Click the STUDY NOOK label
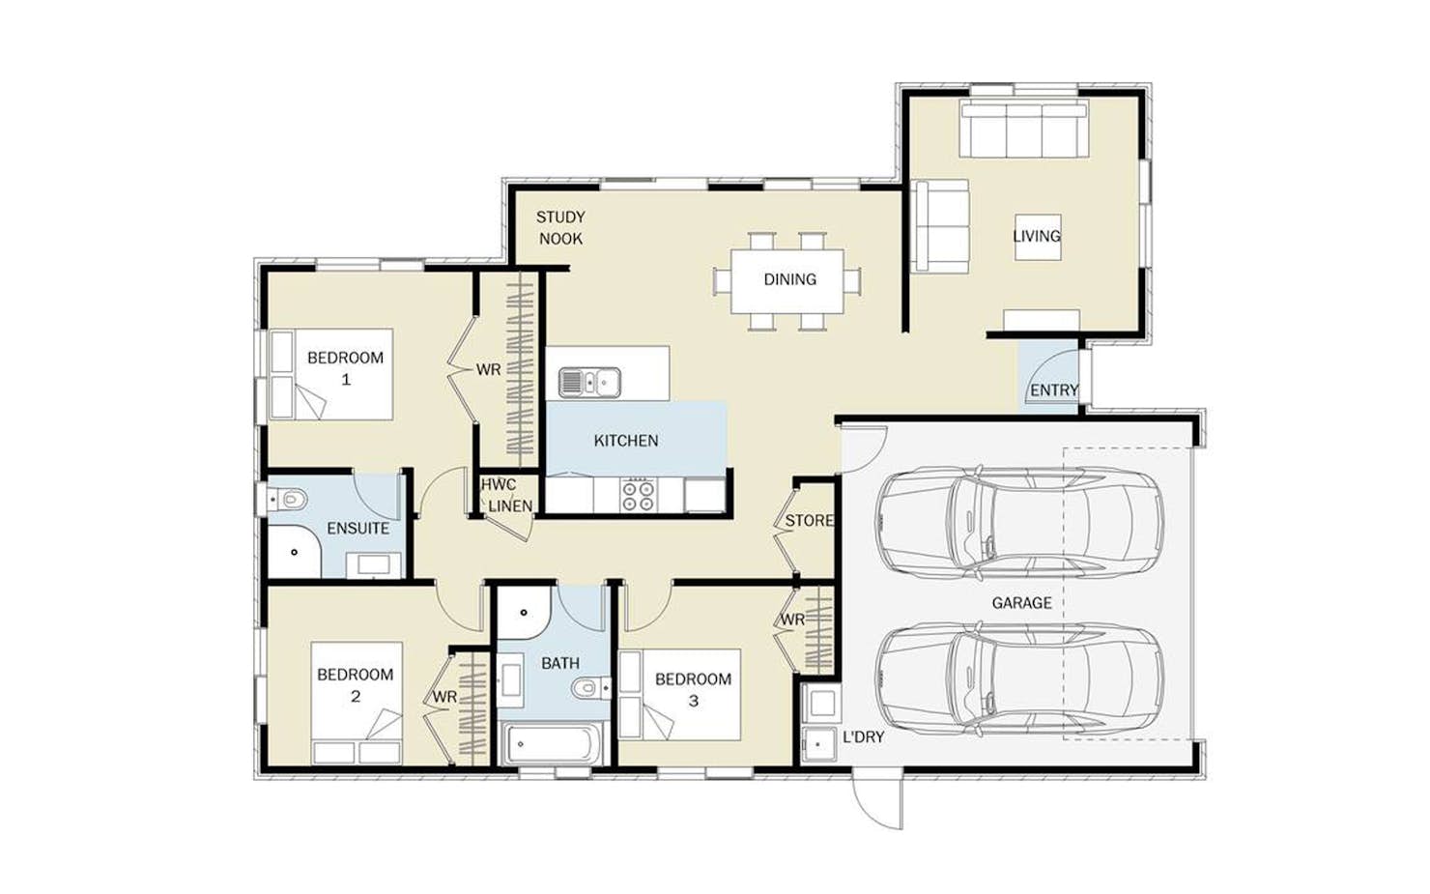pos(560,228)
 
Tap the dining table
pos(787,281)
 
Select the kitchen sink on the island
pos(589,383)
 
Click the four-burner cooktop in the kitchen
pos(638,495)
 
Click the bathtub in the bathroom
pos(553,744)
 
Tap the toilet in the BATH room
pos(589,688)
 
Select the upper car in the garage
pos(1019,524)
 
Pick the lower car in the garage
pos(1019,680)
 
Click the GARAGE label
pos(1021,603)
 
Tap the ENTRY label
pos(1054,390)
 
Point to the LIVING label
pos(1037,236)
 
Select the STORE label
pos(810,521)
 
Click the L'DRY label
pos(864,736)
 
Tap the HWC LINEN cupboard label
pos(507,496)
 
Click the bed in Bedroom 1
pos(330,374)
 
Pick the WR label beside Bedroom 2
pos(444,698)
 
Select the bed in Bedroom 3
pos(680,695)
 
